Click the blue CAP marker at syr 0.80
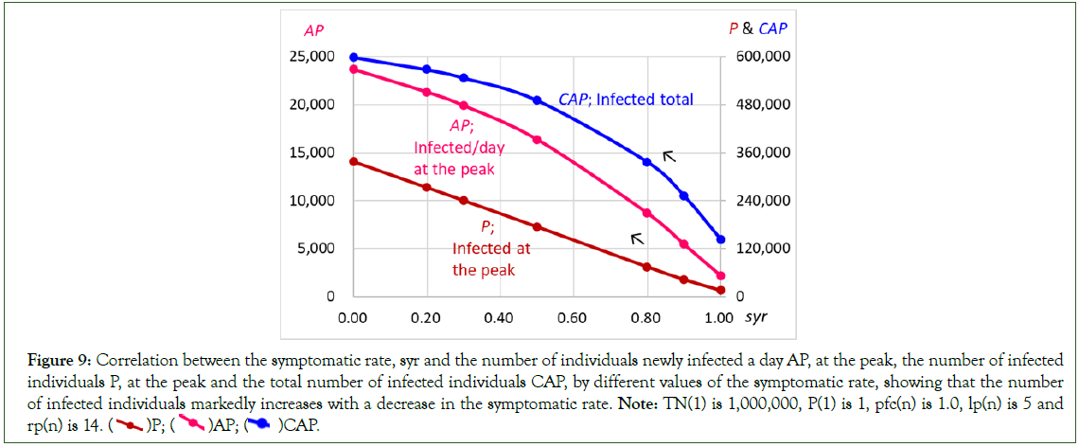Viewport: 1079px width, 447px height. (x=647, y=162)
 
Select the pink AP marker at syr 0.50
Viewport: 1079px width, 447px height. (x=537, y=140)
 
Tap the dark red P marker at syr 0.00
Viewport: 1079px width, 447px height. (x=353, y=162)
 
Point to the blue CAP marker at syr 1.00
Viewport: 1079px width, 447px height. (x=721, y=240)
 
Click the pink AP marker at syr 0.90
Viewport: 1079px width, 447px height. (x=684, y=244)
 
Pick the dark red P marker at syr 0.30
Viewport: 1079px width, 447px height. (x=464, y=201)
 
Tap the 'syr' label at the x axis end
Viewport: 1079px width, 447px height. (x=755, y=318)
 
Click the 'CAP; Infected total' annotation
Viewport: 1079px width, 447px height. (x=626, y=99)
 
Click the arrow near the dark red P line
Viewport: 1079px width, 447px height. (x=637, y=238)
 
